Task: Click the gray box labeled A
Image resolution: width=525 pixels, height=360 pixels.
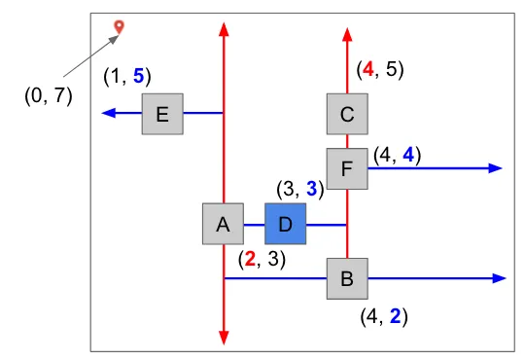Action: (223, 224)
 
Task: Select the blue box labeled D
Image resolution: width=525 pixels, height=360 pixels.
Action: (285, 224)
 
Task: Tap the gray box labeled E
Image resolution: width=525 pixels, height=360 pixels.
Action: (162, 114)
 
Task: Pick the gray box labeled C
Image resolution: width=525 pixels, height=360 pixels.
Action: (347, 114)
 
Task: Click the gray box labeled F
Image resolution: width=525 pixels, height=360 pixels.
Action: (347, 168)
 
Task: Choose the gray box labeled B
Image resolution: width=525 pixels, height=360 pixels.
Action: (347, 278)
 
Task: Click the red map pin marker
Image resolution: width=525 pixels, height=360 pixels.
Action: (119, 27)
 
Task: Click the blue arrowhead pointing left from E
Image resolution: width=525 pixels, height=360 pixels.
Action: (109, 113)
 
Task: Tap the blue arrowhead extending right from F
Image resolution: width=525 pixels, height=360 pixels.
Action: (495, 168)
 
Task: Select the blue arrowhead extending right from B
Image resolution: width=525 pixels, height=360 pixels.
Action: (499, 278)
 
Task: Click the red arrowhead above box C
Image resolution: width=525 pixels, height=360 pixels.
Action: (347, 35)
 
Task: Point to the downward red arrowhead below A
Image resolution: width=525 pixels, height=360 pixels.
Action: (224, 338)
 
